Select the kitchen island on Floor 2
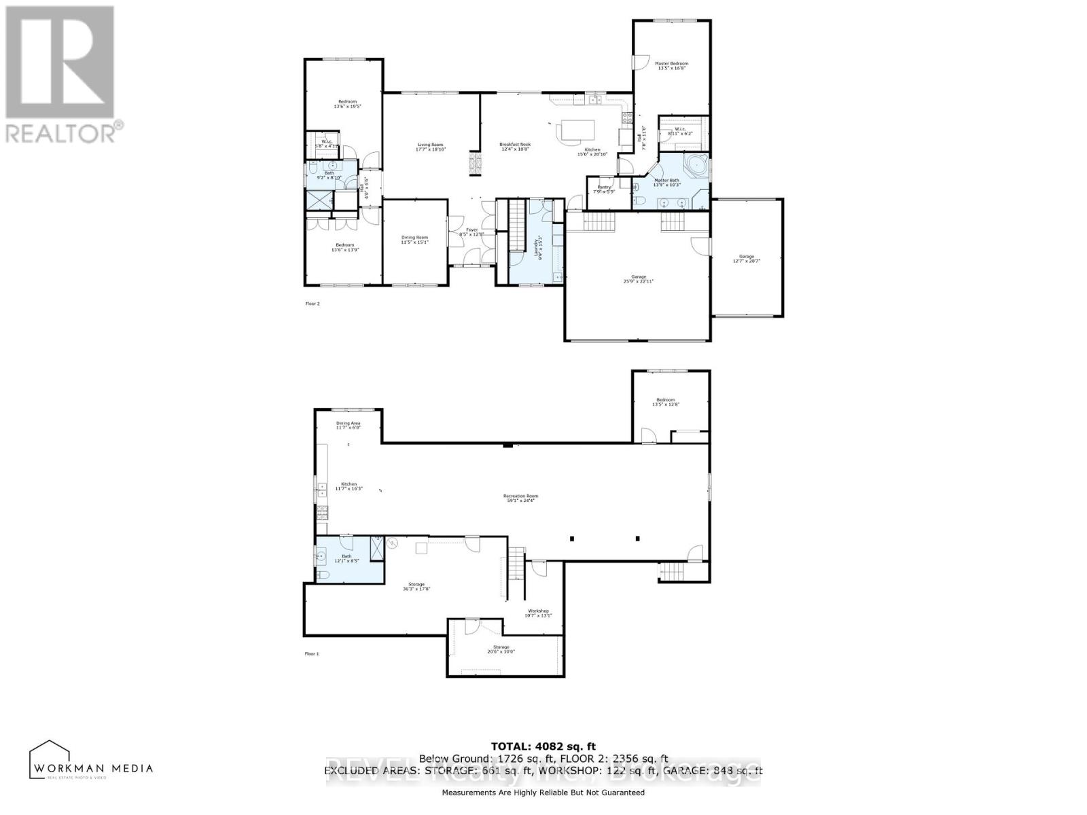pyautogui.click(x=576, y=129)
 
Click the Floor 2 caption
pyautogui.click(x=313, y=304)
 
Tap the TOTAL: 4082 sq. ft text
pyautogui.click(x=543, y=746)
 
